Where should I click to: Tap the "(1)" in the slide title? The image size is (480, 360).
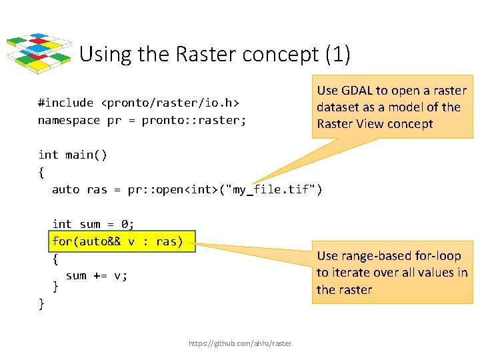click(338, 54)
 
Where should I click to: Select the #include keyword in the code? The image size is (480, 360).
click(65, 103)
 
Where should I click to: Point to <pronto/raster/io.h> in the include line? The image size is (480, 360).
click(170, 103)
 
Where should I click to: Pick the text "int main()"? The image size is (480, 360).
click(73, 155)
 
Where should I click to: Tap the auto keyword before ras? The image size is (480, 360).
click(65, 189)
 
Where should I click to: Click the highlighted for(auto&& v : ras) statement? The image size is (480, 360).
click(117, 241)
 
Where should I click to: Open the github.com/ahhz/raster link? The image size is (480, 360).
click(240, 343)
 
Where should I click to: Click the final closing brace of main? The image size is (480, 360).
click(41, 304)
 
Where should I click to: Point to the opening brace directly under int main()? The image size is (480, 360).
click(41, 172)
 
